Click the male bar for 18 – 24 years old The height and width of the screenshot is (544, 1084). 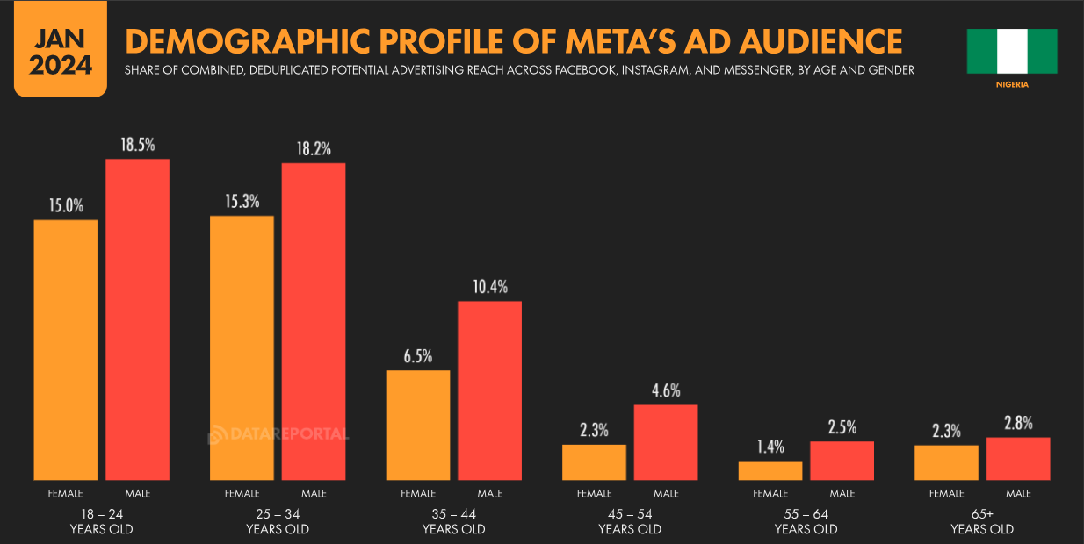point(137,319)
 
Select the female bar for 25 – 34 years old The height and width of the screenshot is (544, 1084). point(242,347)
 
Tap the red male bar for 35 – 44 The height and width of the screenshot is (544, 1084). point(489,390)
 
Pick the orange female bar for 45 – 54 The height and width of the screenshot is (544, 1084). point(594,462)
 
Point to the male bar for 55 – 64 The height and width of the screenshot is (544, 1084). point(842,461)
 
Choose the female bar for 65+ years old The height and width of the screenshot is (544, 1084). point(946,462)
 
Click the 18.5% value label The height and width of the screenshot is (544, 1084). point(137,145)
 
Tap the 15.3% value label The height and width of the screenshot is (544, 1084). point(242,201)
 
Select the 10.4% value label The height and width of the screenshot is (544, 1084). point(489,287)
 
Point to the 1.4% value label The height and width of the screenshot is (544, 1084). point(770,447)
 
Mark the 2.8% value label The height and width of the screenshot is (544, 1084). point(1018,423)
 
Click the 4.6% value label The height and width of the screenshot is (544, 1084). point(666,390)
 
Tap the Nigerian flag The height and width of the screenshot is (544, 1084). point(1012,51)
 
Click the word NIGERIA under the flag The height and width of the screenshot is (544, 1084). point(1012,85)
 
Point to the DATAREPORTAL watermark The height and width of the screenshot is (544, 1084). point(278,434)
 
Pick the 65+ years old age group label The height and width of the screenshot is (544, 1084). point(982,521)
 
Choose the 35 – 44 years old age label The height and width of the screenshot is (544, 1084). point(453,521)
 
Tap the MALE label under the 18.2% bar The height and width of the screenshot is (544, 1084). point(314,494)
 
